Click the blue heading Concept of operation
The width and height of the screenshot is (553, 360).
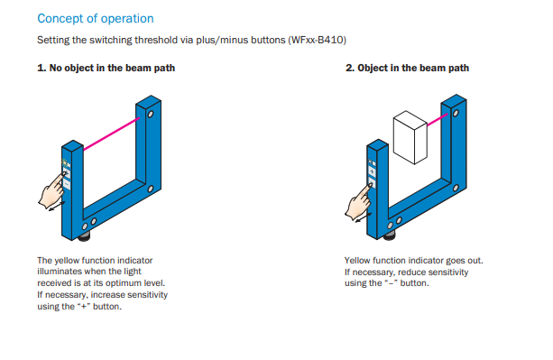pyautogui.click(x=96, y=19)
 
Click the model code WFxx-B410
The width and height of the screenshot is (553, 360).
pyautogui.click(x=317, y=40)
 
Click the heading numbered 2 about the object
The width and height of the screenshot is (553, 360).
pyautogui.click(x=408, y=68)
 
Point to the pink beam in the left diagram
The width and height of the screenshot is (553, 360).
pyautogui.click(x=112, y=134)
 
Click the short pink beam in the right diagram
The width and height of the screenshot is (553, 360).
pyautogui.click(x=438, y=119)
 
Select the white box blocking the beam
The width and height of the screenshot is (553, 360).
pyautogui.click(x=410, y=137)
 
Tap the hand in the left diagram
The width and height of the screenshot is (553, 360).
pyautogui.click(x=52, y=190)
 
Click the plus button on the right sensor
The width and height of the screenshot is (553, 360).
pyautogui.click(x=372, y=171)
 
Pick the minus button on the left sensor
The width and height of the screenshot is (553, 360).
pyautogui.click(x=67, y=184)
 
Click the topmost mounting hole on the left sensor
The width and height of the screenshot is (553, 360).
pyautogui.click(x=151, y=115)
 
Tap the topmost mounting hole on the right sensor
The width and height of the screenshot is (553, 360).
pyautogui.click(x=456, y=113)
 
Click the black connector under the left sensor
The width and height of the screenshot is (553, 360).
pyautogui.click(x=84, y=236)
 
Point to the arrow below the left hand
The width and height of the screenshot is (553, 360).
pyautogui.click(x=57, y=206)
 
